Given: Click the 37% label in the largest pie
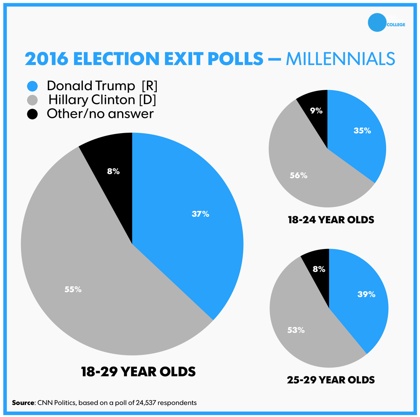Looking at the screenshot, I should coord(200,214).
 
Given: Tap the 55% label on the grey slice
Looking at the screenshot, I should coord(73,289).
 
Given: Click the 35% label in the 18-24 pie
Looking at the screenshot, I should coord(362,131).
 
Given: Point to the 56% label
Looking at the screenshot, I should coord(299,175).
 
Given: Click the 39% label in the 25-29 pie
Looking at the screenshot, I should coord(366,294).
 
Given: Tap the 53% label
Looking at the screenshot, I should coord(296,330).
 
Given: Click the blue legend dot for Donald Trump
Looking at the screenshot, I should coord(33,86).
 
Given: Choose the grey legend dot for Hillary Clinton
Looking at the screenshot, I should coord(33,100).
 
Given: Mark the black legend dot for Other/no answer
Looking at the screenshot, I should coord(33,114).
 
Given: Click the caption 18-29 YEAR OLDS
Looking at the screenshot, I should coord(138,372).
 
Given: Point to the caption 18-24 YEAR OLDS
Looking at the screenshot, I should coord(331,220).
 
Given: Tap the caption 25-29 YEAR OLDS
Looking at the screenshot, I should coord(331,380).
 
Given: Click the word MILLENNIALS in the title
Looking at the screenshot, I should coord(340,59).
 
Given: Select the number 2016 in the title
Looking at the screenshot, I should coord(46,59).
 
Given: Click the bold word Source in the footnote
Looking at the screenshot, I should coord(23,403).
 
